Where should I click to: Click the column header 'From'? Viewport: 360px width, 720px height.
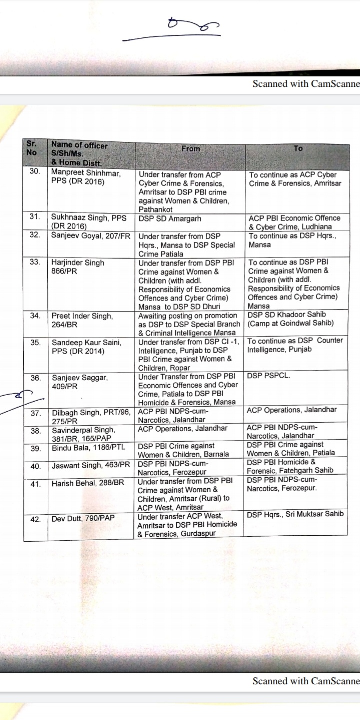pyautogui.click(x=190, y=148)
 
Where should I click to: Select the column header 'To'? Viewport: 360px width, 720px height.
pyautogui.click(x=298, y=148)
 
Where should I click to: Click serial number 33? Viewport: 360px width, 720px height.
pyautogui.click(x=35, y=262)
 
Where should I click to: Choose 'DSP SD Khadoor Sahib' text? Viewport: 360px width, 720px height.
pyautogui.click(x=287, y=314)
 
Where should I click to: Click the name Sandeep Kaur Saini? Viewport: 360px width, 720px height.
pyautogui.click(x=87, y=342)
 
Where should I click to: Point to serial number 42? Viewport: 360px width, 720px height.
pyautogui.click(x=35, y=519)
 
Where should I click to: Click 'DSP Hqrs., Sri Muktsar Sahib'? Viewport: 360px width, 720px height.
pyautogui.click(x=295, y=514)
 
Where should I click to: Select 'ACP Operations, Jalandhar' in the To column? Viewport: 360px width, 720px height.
pyautogui.click(x=292, y=410)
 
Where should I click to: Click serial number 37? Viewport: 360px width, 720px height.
pyautogui.click(x=35, y=413)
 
